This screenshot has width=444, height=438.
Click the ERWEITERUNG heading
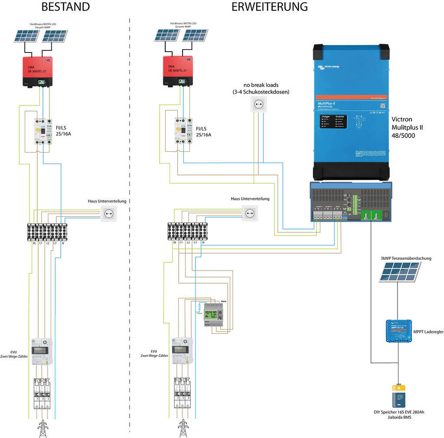click(269, 7)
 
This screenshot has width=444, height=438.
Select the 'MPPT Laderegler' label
click(428, 332)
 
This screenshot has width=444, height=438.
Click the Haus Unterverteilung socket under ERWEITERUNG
click(249, 212)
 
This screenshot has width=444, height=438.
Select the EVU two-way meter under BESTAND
click(42, 352)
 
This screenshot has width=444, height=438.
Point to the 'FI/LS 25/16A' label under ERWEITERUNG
click(204, 131)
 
